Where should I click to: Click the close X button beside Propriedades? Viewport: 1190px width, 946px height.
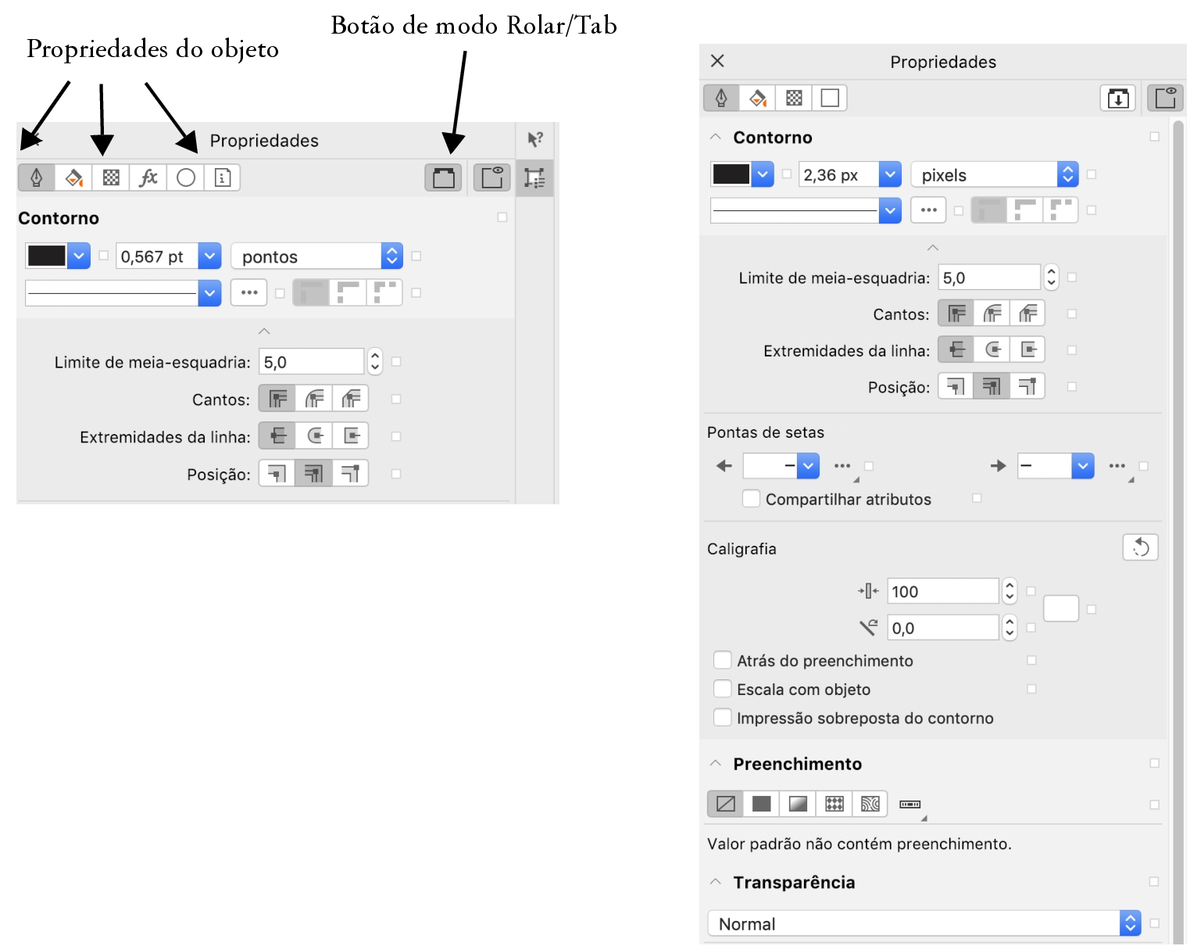pyautogui.click(x=717, y=61)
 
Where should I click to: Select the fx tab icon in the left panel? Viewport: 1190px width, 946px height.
pyautogui.click(x=148, y=177)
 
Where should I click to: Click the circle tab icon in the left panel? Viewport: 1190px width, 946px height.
pyautogui.click(x=185, y=177)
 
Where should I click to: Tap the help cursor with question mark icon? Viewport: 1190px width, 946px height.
pyautogui.click(x=534, y=139)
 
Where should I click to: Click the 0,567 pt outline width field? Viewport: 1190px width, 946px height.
pyautogui.click(x=157, y=256)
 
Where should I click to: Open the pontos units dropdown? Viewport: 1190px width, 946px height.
pyautogui.click(x=317, y=256)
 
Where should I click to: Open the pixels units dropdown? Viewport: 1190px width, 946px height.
pyautogui.click(x=994, y=175)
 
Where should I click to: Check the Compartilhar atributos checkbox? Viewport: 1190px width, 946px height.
pyautogui.click(x=750, y=499)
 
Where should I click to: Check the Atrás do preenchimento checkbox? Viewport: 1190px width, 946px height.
pyautogui.click(x=722, y=660)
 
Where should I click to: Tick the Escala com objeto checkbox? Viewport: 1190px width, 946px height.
pyautogui.click(x=722, y=689)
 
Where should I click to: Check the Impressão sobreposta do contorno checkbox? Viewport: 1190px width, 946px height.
pyautogui.click(x=722, y=718)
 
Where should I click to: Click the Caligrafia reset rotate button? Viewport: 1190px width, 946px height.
pyautogui.click(x=1140, y=548)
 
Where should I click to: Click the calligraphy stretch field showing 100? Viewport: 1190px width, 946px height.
pyautogui.click(x=942, y=591)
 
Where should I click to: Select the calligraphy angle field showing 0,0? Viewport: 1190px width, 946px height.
pyautogui.click(x=942, y=627)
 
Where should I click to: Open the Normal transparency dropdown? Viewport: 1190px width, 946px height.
pyautogui.click(x=924, y=923)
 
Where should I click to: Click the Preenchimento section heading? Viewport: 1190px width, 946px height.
pyautogui.click(x=797, y=763)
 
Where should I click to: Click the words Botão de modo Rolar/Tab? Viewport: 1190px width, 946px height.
pyautogui.click(x=474, y=26)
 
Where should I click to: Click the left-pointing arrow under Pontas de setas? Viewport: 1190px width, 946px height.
pyautogui.click(x=724, y=466)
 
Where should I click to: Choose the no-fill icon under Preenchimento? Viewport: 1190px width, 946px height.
pyautogui.click(x=726, y=803)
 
